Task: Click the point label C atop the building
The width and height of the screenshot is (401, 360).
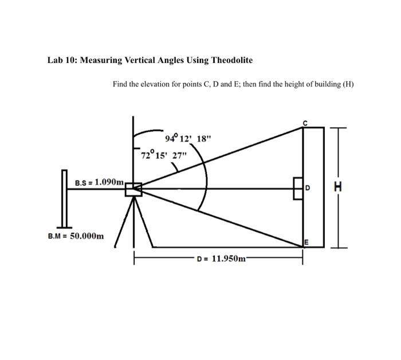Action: pos(305,123)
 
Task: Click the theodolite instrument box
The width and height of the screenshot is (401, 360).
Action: pos(133,190)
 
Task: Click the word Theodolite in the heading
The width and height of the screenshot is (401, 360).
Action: pos(232,60)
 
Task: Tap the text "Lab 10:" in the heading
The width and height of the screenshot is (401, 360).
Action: pos(62,60)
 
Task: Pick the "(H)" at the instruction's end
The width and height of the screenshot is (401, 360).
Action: pos(348,84)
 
